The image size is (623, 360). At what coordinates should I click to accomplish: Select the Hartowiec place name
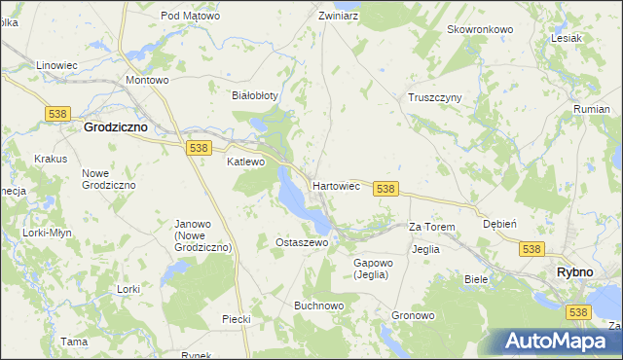click(337, 185)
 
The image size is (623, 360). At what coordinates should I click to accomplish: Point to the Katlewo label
click(245, 162)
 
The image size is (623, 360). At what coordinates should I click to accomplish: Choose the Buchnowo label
click(319, 305)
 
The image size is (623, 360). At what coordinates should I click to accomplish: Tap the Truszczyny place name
click(434, 97)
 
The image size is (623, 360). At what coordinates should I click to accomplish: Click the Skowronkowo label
click(479, 29)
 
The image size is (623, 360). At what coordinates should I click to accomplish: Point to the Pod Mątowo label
click(190, 16)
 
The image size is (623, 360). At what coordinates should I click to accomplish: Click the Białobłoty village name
click(254, 95)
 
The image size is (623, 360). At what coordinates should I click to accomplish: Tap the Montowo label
click(148, 80)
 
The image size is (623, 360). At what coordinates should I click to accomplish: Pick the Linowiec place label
click(56, 65)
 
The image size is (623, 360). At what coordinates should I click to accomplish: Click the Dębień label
click(499, 223)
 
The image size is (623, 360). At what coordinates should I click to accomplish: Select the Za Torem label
click(432, 227)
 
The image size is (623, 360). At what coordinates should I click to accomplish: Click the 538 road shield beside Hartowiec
click(385, 189)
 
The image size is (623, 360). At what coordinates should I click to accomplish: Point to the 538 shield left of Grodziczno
click(55, 114)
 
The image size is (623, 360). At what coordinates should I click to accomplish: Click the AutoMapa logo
click(556, 342)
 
